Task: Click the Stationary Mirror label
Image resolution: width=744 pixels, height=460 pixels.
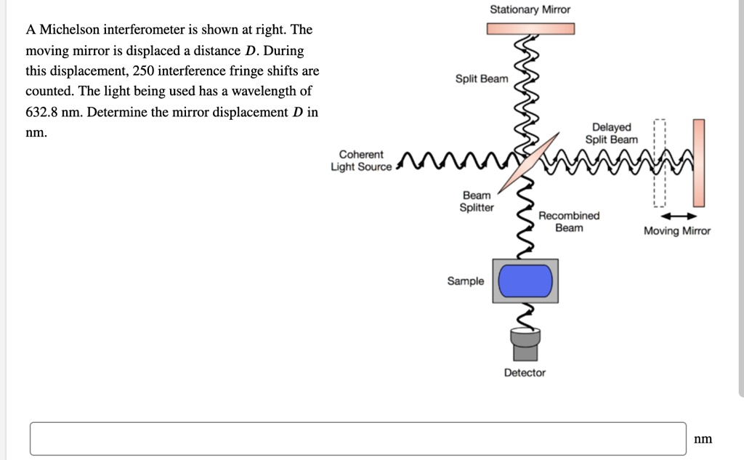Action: point(530,9)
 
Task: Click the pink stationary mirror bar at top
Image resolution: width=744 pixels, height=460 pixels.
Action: point(530,28)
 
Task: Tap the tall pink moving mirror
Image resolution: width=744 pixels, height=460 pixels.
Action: point(698,163)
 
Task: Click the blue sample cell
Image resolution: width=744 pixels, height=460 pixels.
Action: point(526,281)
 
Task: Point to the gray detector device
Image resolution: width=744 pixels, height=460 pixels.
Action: point(525,344)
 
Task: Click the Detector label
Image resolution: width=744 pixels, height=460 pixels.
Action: point(525,373)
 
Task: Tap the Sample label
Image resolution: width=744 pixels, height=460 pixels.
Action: point(465,281)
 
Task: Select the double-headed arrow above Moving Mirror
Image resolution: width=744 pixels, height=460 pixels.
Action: point(677,216)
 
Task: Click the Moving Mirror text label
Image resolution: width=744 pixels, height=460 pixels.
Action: point(677,231)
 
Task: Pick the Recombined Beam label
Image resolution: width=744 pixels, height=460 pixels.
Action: point(569,222)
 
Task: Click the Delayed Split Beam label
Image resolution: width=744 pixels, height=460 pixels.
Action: point(612,134)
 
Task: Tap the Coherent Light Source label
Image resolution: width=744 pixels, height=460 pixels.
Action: point(361,161)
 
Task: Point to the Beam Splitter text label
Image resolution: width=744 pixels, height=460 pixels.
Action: point(477,201)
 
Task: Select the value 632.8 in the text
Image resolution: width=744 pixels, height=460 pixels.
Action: point(42,113)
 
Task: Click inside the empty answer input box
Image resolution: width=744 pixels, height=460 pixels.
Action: point(357,438)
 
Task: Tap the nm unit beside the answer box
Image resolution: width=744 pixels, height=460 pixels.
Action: point(703,438)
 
